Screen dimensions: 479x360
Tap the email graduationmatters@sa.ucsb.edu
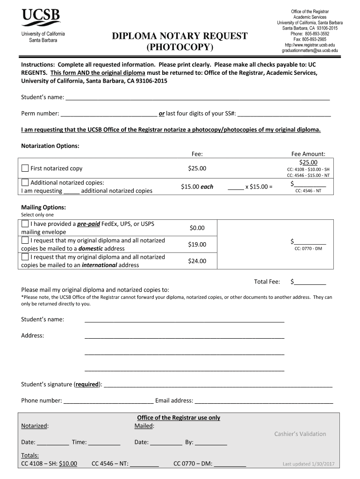point(310,50)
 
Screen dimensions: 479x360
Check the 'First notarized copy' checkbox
point(25,168)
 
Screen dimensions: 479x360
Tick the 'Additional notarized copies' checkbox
point(25,182)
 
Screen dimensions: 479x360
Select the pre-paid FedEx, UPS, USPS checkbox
point(25,224)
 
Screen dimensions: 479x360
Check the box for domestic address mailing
point(25,240)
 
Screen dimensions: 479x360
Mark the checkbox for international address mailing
point(25,257)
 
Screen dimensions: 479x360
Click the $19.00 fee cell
point(197,244)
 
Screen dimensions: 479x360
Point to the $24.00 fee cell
point(197,261)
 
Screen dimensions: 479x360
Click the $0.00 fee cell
point(197,228)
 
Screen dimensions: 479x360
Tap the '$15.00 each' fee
point(197,187)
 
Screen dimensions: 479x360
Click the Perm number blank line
point(109,114)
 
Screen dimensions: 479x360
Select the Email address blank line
point(264,401)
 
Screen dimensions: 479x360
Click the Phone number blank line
point(108,401)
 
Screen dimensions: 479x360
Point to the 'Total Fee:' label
point(267,282)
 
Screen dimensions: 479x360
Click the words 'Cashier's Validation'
point(300,434)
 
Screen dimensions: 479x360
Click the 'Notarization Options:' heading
point(50,146)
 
